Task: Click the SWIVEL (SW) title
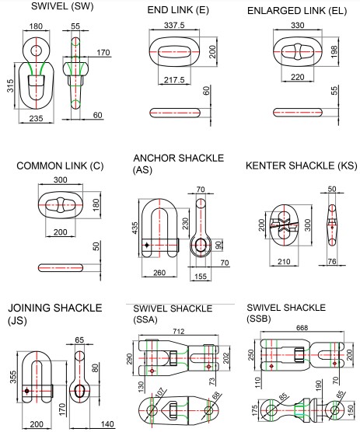pyautogui.click(x=62, y=6)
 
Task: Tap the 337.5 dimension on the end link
pyautogui.click(x=174, y=26)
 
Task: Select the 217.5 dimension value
pyautogui.click(x=174, y=80)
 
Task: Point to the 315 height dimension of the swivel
pyautogui.click(x=10, y=85)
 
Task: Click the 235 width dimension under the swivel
pyautogui.click(x=36, y=118)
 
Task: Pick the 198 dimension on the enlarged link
pyautogui.click(x=334, y=52)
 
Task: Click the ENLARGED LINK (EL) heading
pyautogui.click(x=297, y=11)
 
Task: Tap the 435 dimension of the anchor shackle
pyautogui.click(x=135, y=228)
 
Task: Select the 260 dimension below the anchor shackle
pyautogui.click(x=159, y=273)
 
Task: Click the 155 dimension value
pyautogui.click(x=201, y=277)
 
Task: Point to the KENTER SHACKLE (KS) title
pyautogui.click(x=301, y=165)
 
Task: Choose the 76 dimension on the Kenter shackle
pyautogui.click(x=332, y=261)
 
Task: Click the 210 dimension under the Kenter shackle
pyautogui.click(x=284, y=261)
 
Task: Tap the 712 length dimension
pyautogui.click(x=179, y=331)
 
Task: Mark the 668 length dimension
pyautogui.click(x=302, y=328)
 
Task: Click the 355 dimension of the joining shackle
pyautogui.click(x=13, y=377)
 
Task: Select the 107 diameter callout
pyautogui.click(x=159, y=392)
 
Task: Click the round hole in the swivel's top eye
pyautogui.click(x=36, y=51)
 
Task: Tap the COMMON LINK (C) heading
pyautogui.click(x=60, y=165)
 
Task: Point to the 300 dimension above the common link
pyautogui.click(x=61, y=180)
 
